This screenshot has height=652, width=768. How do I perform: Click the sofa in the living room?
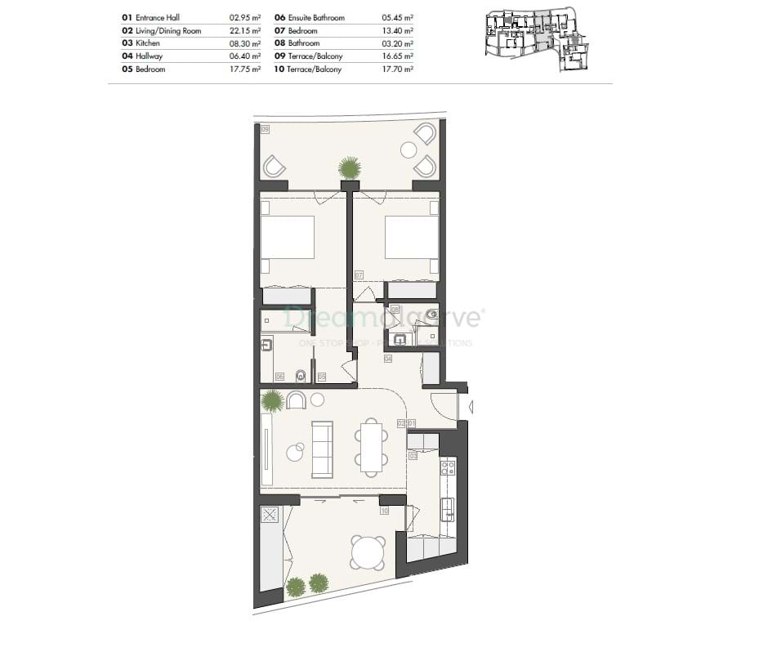point(323,449)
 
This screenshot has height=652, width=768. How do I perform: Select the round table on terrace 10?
point(368,552)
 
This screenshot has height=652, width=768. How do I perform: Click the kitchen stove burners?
point(448,468)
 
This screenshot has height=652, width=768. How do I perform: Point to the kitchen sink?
point(448,509)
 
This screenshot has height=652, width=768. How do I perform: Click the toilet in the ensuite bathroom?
point(301,376)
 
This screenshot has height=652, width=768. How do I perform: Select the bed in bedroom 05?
point(287,238)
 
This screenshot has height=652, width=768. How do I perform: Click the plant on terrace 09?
point(350,168)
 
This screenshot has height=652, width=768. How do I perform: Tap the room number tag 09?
point(266,129)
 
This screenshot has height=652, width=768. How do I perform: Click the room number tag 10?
point(384,511)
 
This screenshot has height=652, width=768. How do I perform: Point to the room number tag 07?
point(358,275)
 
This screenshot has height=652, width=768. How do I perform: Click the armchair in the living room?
point(297,400)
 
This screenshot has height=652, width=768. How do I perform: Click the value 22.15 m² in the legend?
point(245,30)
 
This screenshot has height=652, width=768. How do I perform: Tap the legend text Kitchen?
point(148,43)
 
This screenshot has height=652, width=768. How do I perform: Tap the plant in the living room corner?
point(272,401)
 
